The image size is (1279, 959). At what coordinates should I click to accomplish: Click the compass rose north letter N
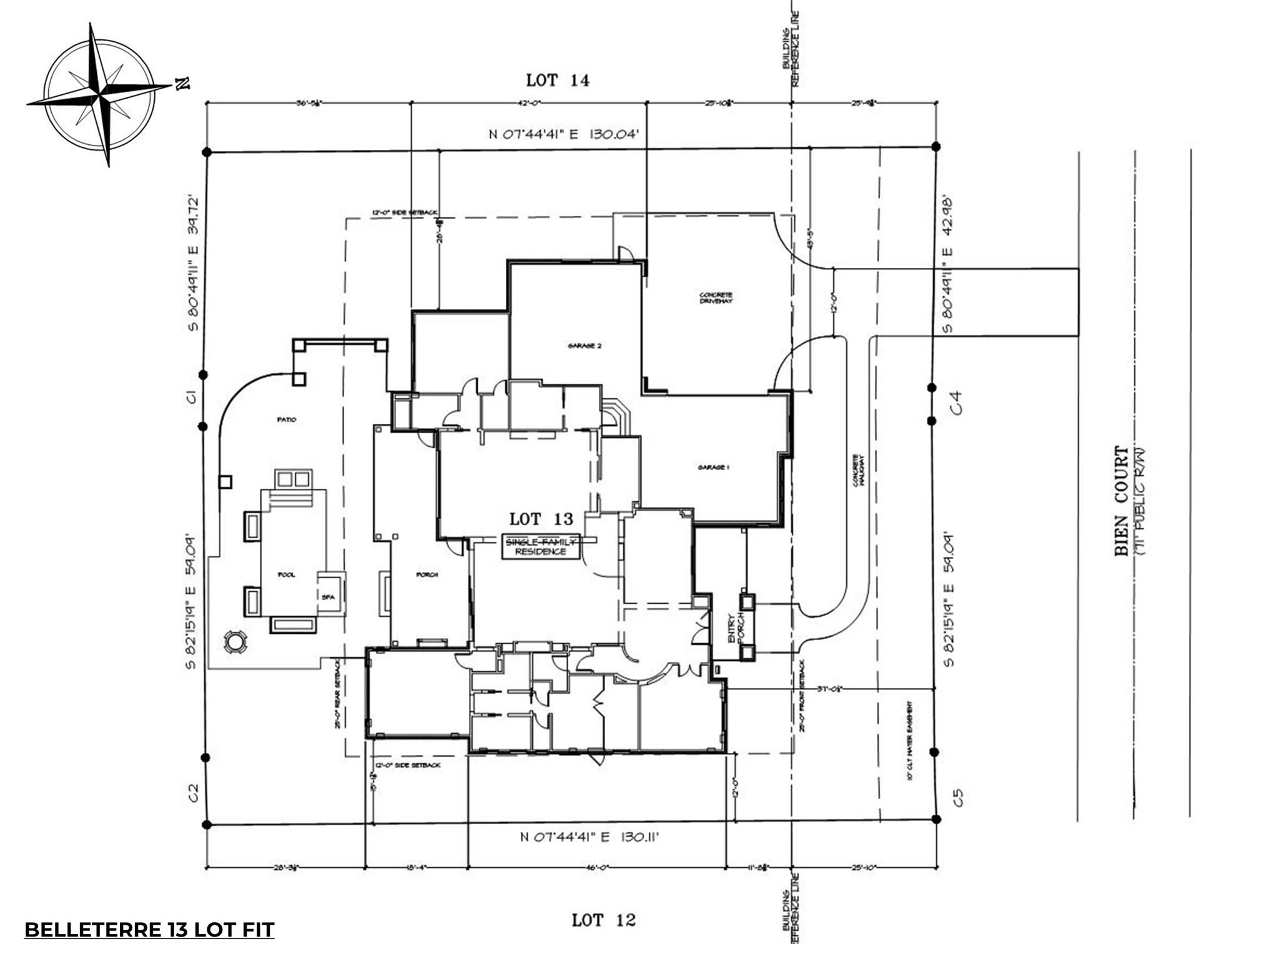click(x=182, y=84)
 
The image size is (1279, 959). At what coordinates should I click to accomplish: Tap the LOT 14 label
click(x=557, y=81)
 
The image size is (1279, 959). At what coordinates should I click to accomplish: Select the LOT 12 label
click(x=603, y=920)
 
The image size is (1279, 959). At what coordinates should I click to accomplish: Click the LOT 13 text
click(x=541, y=519)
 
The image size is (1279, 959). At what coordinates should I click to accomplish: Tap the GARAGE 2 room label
click(x=585, y=345)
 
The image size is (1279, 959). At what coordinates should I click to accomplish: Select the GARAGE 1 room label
click(x=713, y=467)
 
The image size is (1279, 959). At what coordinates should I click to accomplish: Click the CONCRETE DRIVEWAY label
click(x=716, y=298)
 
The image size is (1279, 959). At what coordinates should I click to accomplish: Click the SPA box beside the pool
click(x=328, y=597)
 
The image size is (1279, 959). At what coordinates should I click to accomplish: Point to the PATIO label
click(x=287, y=420)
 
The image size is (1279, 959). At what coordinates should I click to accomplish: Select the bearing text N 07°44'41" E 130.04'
click(x=563, y=134)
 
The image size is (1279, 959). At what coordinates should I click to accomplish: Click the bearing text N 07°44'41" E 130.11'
click(x=590, y=837)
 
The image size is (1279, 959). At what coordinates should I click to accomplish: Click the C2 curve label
click(x=194, y=793)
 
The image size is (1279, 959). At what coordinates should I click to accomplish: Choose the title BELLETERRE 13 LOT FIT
click(x=149, y=930)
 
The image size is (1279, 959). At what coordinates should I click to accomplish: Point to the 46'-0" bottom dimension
click(x=597, y=867)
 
